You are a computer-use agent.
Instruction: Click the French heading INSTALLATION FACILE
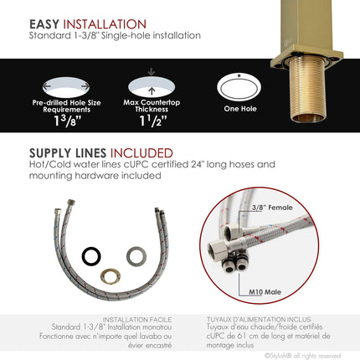[137, 319]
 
